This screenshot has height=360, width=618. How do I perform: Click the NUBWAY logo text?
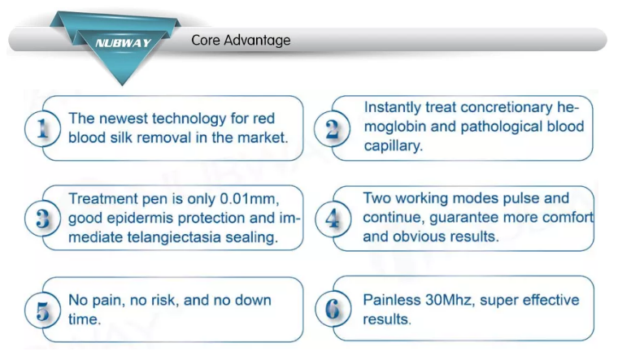tap(123, 42)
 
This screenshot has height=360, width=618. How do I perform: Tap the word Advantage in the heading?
tap(258, 41)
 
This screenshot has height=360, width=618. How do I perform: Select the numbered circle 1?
tap(42, 128)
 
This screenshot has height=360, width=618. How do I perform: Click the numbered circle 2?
tap(333, 128)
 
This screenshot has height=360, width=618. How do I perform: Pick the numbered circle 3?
tap(42, 219)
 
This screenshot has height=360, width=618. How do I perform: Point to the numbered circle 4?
tap(333, 219)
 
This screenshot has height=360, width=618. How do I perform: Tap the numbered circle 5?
tap(42, 310)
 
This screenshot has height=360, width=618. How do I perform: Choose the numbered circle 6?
tap(333, 309)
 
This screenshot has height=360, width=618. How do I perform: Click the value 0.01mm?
tap(249, 199)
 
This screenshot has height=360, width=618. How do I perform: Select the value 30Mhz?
tap(449, 300)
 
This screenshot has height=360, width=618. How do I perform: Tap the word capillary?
tap(393, 146)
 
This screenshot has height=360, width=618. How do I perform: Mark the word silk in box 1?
tap(121, 138)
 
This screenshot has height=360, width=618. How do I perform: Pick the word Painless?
tap(392, 300)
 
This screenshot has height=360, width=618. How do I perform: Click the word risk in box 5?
tap(163, 300)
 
